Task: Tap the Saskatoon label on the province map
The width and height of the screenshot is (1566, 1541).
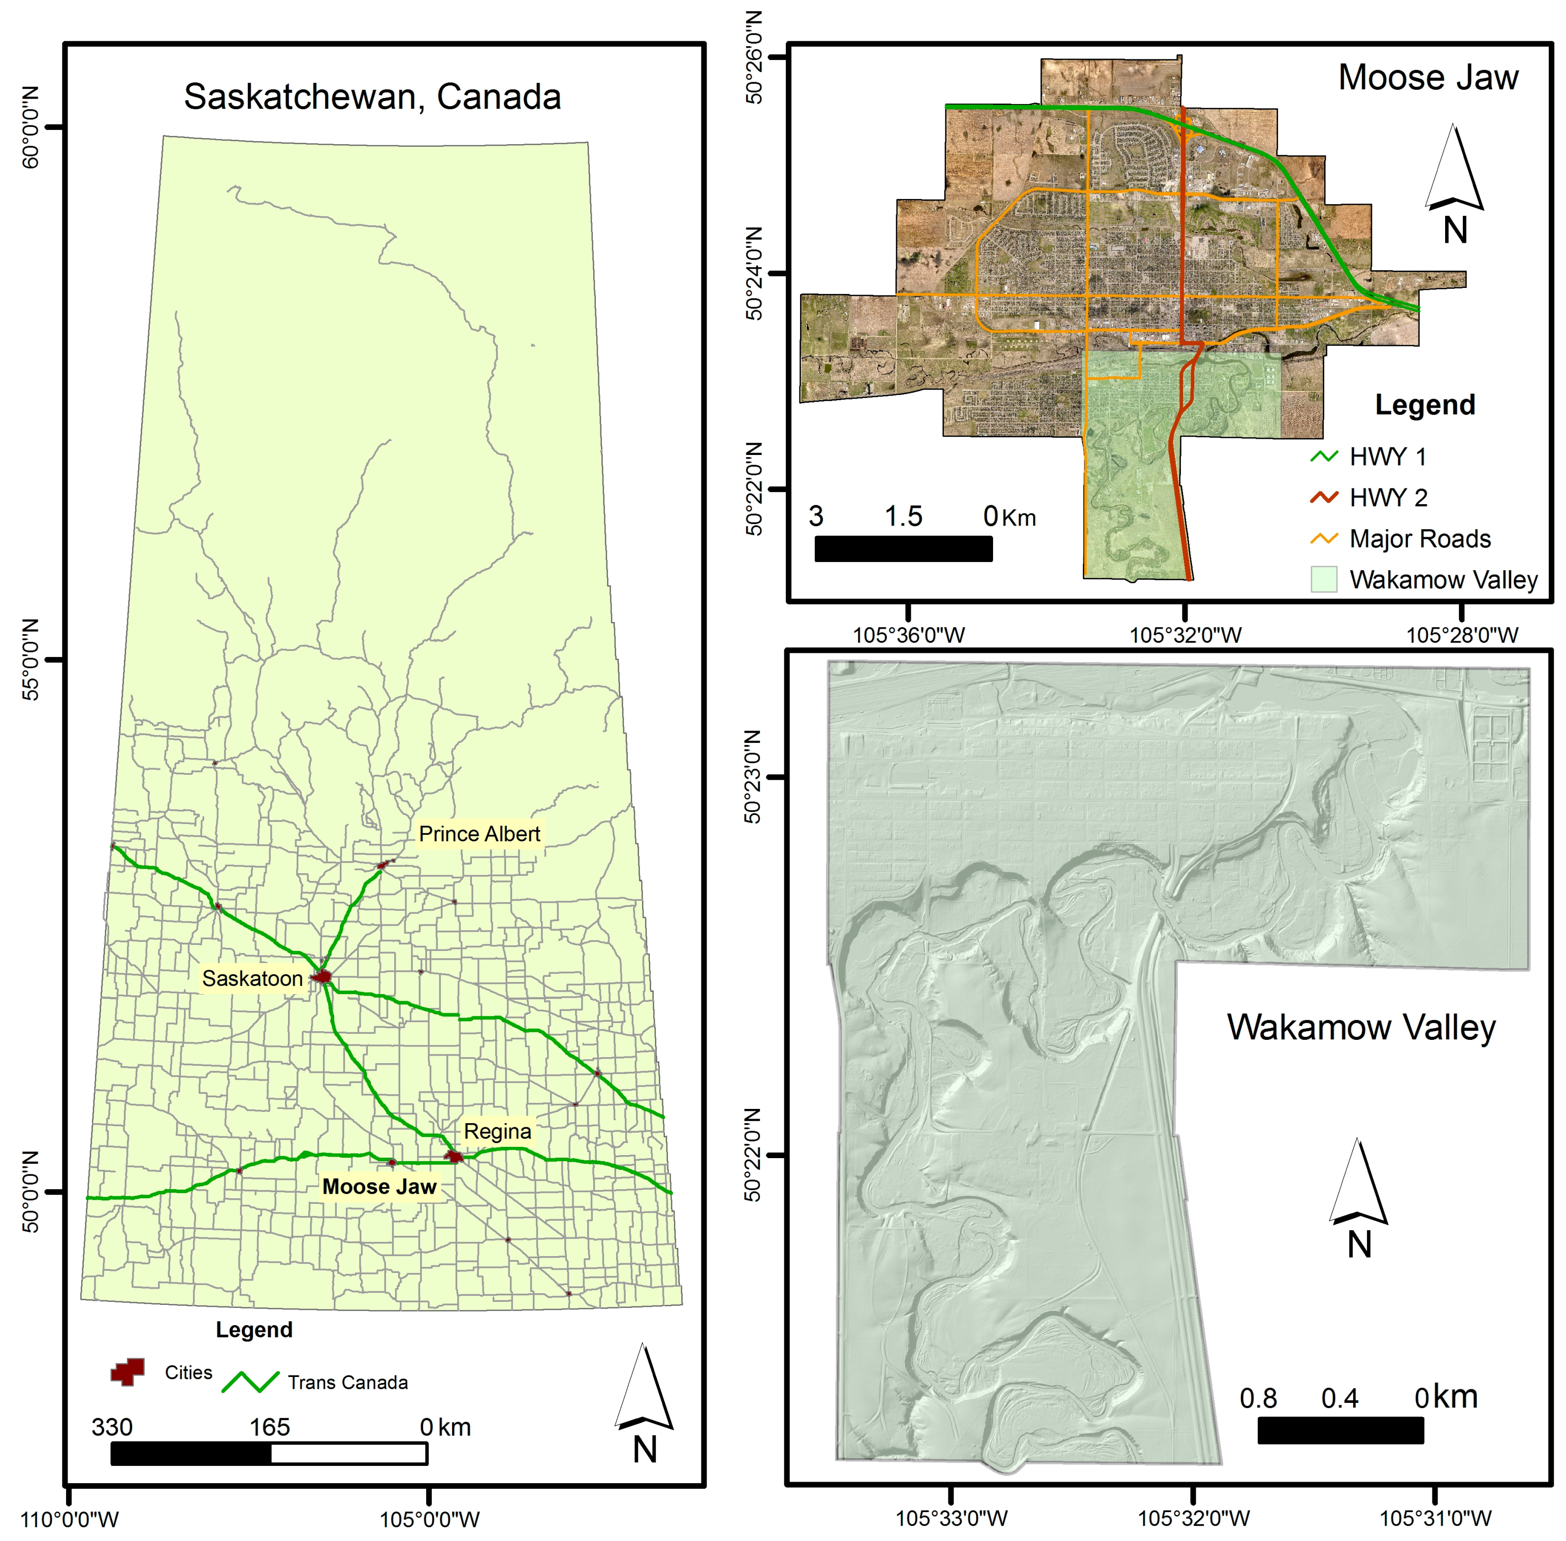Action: tap(252, 978)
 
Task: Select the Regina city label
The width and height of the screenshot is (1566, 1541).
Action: tap(497, 1131)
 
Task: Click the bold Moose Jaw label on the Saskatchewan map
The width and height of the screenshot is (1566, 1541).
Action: tap(379, 1187)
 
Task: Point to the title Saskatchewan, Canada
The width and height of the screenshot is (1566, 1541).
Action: tap(372, 96)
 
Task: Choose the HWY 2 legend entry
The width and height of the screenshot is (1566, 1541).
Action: tap(1388, 497)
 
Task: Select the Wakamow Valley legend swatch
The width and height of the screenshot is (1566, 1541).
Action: tap(1323, 579)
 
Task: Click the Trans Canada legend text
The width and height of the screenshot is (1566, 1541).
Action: tap(347, 1383)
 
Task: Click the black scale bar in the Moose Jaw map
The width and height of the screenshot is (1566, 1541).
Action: tap(903, 549)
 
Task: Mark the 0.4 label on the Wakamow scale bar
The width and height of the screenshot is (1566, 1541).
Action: tap(1339, 1398)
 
